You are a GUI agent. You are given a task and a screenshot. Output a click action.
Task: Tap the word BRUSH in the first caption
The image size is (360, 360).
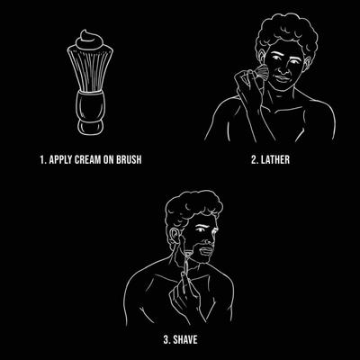coord(130,159)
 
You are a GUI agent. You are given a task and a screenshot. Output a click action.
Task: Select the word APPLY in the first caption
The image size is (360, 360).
coord(61,159)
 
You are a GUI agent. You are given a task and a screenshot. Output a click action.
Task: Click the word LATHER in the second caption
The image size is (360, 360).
coord(275,159)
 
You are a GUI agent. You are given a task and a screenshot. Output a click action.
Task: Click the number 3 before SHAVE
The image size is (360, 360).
coord(166,339)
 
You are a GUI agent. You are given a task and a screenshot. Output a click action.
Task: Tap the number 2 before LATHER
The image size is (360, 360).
coord(254,159)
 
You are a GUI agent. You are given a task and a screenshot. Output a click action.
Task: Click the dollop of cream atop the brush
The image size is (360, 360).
coord(90,40)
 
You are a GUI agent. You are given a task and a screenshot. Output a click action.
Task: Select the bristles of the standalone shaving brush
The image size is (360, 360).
coord(90,69)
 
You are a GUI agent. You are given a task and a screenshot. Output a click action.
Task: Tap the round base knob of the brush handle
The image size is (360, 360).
coord(90,127)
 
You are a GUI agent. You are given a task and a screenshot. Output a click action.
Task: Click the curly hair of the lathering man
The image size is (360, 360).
coord(286,33)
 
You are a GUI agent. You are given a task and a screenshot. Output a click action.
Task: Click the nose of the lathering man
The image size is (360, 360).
coord(282,68)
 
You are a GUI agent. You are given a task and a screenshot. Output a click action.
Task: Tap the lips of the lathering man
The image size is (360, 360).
coord(282,78)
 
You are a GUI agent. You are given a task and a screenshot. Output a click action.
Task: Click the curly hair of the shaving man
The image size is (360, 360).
coord(193,209)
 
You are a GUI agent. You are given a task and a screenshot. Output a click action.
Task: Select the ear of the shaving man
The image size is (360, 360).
coord(174,238)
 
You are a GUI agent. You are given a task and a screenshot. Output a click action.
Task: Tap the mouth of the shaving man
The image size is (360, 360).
coord(206,250)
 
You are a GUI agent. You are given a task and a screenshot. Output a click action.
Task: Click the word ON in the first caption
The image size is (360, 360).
coord(109,159)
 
